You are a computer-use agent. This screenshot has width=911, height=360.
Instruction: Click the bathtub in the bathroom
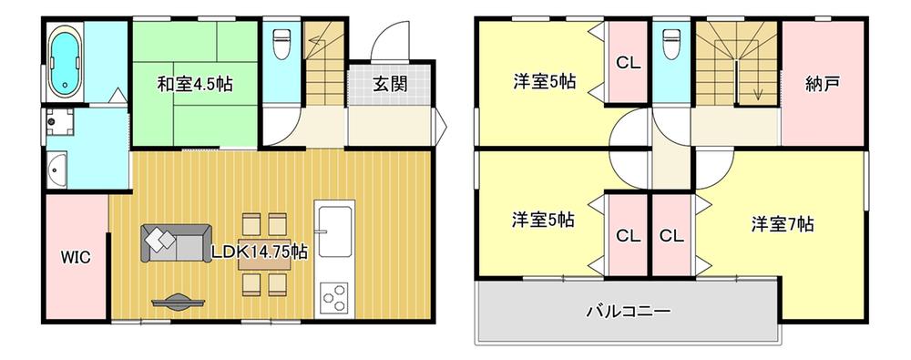point(64,61)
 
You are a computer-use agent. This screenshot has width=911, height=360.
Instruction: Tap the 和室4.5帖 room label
point(195,85)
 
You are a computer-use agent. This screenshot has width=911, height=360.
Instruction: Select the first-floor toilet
point(281,43)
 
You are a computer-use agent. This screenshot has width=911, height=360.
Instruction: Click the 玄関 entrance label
point(390,85)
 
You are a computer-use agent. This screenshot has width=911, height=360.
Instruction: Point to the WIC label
point(77,257)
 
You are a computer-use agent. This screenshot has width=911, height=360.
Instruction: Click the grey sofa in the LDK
point(176,243)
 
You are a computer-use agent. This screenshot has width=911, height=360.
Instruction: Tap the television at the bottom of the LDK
point(178,302)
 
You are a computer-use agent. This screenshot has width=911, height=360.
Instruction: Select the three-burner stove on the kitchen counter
point(334,297)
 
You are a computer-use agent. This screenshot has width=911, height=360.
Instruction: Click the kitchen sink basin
point(334,228)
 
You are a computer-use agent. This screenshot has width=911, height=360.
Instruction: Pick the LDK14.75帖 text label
point(259,252)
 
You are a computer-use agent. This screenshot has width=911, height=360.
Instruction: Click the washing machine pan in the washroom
point(60,121)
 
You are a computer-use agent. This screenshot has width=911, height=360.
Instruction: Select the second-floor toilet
point(671,43)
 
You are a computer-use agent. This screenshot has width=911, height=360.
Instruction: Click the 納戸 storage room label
point(822,85)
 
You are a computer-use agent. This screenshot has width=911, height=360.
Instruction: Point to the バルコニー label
point(628,311)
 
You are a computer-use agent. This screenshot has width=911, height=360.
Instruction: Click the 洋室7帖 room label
point(783,224)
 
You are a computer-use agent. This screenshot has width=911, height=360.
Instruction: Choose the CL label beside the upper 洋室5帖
point(628,63)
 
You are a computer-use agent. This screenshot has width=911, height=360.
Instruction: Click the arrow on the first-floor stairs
point(315,40)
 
